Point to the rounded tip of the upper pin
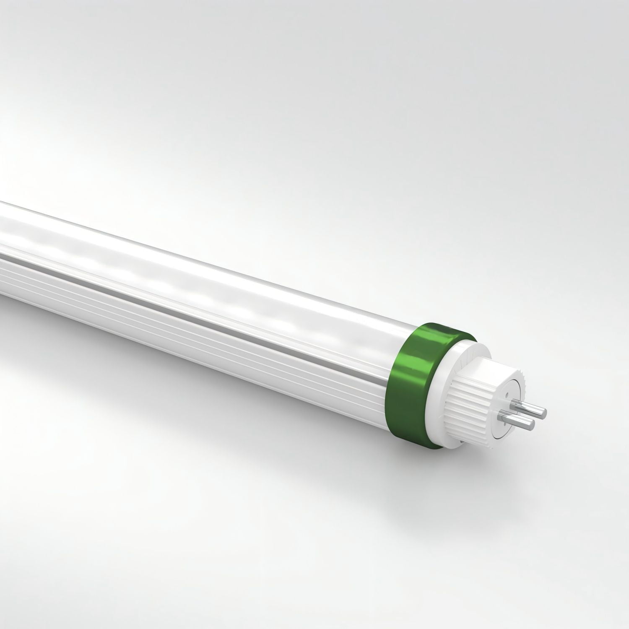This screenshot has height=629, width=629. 545,413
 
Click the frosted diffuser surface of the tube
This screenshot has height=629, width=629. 210,268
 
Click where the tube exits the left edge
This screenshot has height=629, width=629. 3,252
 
